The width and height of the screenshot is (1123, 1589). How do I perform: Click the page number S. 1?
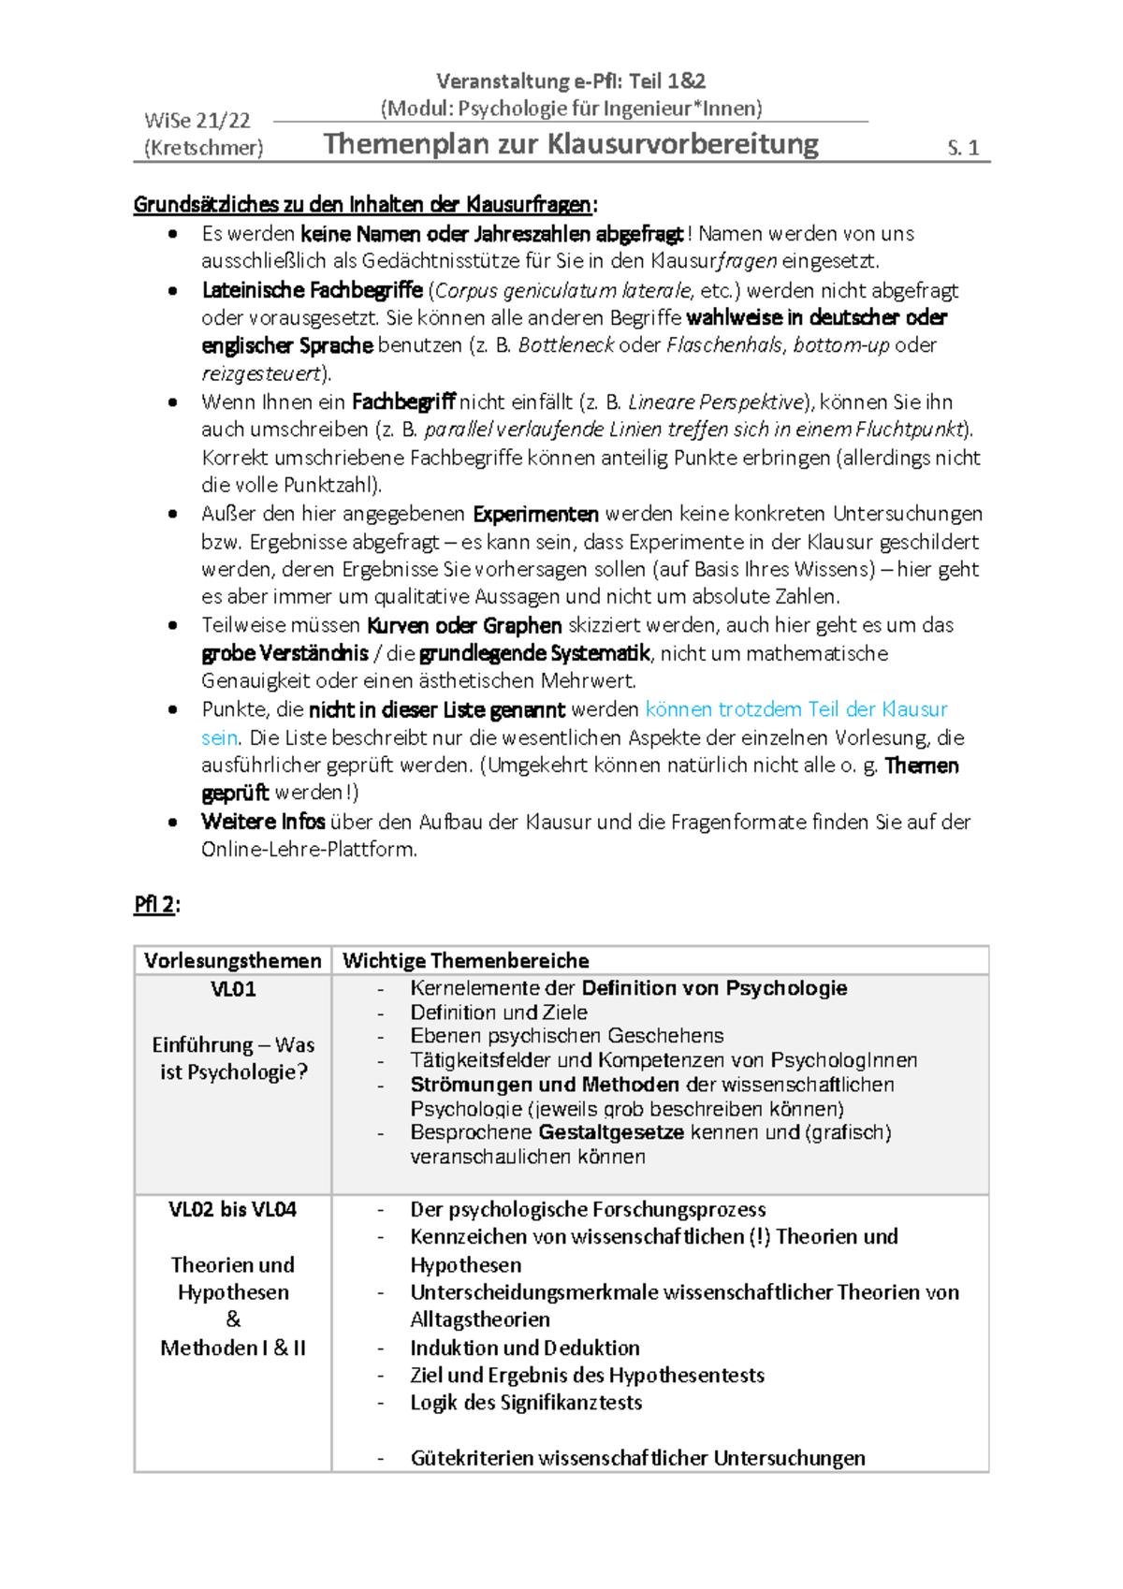(x=963, y=148)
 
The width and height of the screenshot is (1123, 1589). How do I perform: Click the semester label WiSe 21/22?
(x=197, y=121)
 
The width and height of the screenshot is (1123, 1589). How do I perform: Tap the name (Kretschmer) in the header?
(x=204, y=148)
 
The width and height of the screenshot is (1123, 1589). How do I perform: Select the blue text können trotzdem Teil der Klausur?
(x=796, y=709)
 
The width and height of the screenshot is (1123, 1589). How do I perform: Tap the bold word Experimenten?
(x=535, y=514)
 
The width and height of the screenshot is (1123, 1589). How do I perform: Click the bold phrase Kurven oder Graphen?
(x=464, y=625)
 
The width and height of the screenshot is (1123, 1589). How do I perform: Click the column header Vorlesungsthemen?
(x=233, y=961)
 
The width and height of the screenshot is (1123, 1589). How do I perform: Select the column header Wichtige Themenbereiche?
(x=466, y=961)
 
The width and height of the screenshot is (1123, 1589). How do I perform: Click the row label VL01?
(x=233, y=989)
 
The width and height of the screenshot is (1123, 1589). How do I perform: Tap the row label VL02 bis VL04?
(x=233, y=1209)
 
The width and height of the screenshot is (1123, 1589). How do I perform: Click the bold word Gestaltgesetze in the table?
(x=611, y=1132)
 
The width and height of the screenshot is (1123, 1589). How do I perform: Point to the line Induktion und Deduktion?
(x=525, y=1348)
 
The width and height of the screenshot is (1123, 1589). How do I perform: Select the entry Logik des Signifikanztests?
(x=526, y=1403)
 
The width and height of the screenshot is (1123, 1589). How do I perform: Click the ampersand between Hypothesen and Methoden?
(x=233, y=1319)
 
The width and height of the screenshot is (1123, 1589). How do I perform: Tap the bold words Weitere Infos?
(x=263, y=822)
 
